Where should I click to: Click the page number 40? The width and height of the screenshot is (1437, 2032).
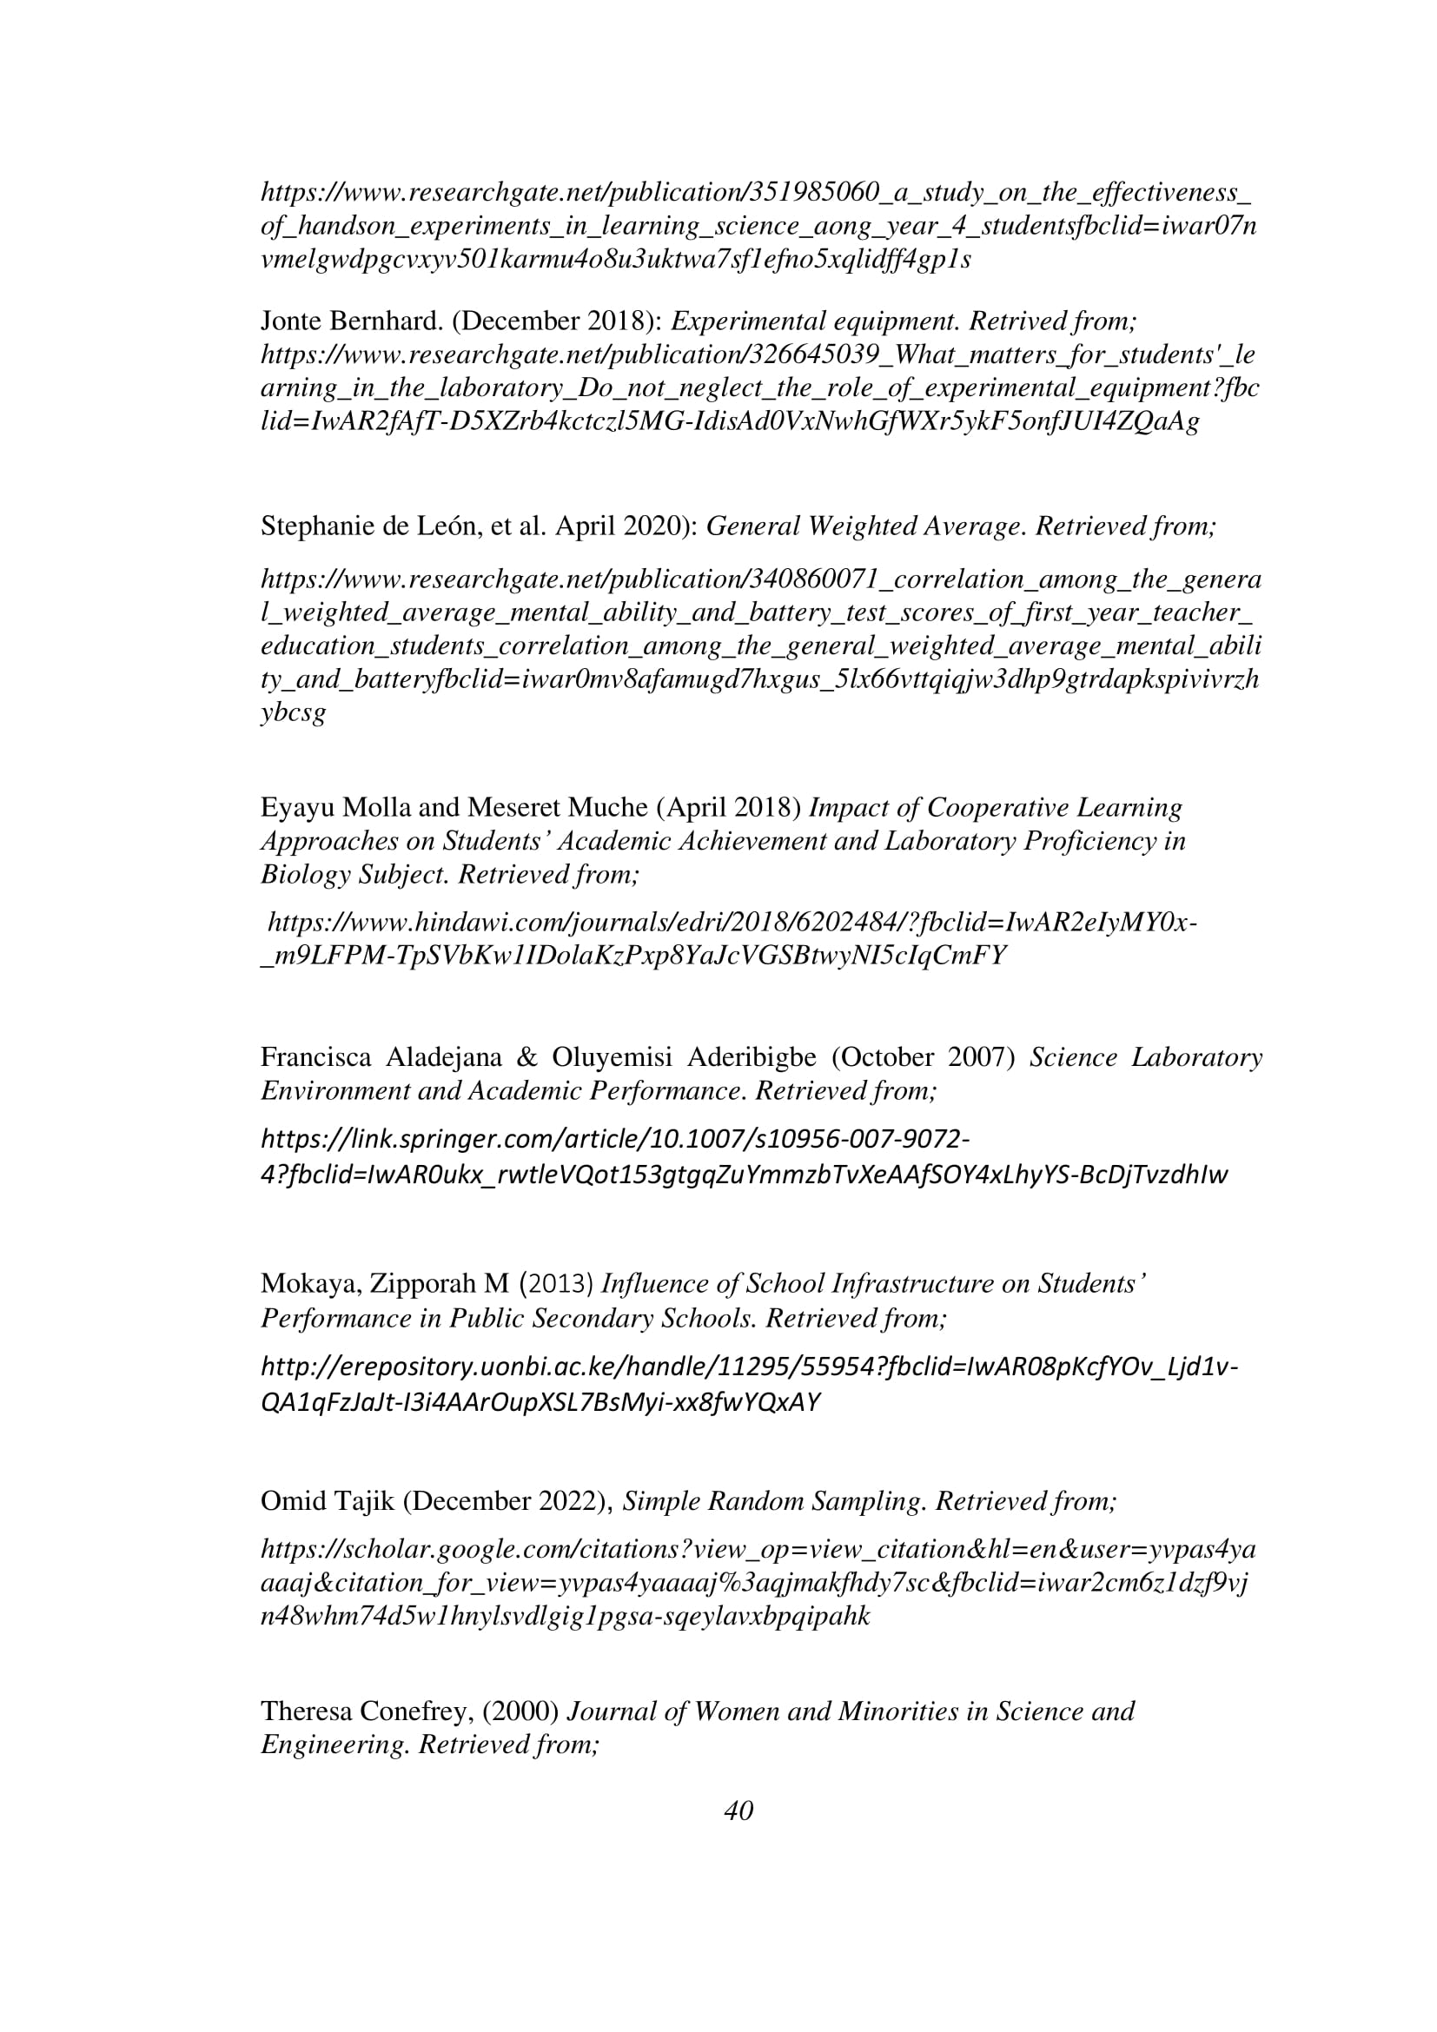click(738, 1810)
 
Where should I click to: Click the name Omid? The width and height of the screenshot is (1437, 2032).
click(291, 1501)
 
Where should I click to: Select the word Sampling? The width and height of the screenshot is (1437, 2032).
click(871, 1501)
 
